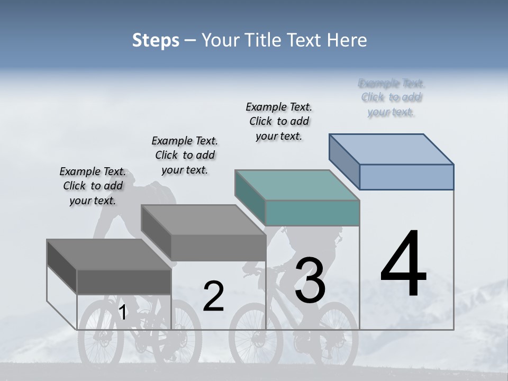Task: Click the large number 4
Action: pyautogui.click(x=403, y=264)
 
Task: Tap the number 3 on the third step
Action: pyautogui.click(x=310, y=280)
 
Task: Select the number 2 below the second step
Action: pyautogui.click(x=213, y=296)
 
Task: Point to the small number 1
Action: pyautogui.click(x=122, y=313)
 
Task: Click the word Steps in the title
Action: pyautogui.click(x=156, y=40)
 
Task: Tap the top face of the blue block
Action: pyautogui.click(x=392, y=149)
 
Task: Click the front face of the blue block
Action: pyautogui.click(x=406, y=177)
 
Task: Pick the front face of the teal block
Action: pyautogui.click(x=312, y=213)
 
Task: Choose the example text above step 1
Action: pyautogui.click(x=93, y=186)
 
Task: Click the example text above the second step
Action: pyautogui.click(x=185, y=155)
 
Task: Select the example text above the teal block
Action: pyautogui.click(x=279, y=121)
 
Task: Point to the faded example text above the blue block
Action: pyautogui.click(x=392, y=97)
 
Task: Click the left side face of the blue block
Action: pyautogui.click(x=344, y=162)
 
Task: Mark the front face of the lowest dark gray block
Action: pyautogui.click(x=124, y=282)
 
